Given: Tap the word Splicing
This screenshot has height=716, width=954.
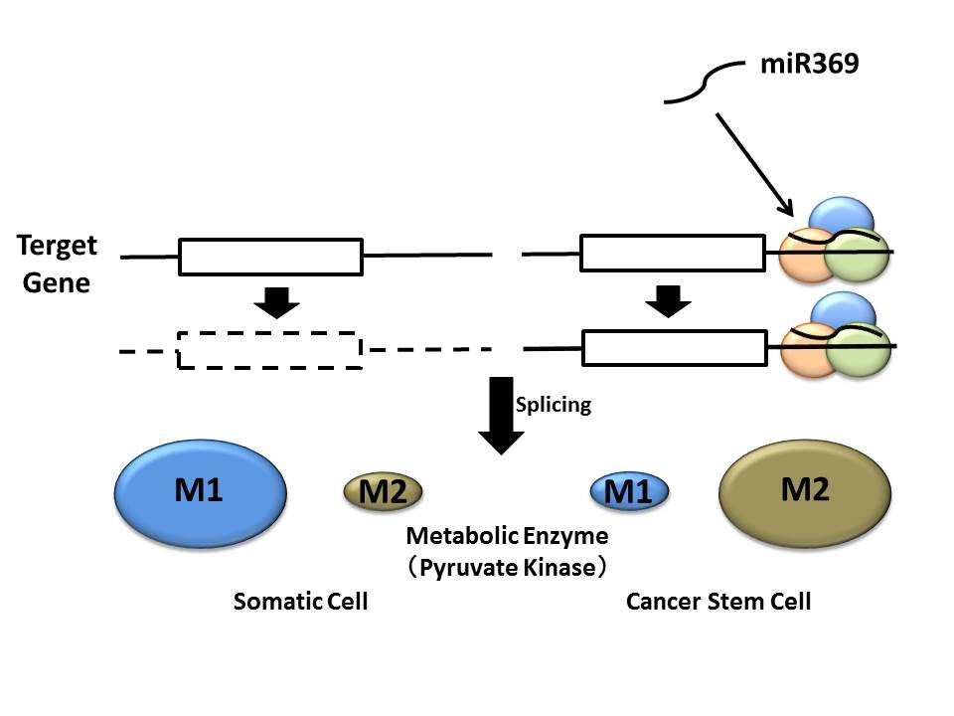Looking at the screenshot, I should pos(554,405).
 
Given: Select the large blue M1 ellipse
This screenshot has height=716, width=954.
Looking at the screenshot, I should pos(202,491).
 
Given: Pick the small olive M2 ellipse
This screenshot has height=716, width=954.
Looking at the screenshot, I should pos(383,491).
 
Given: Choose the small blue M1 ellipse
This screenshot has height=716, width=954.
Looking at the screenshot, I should pos(629,491).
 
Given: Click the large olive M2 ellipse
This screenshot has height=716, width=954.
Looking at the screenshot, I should pos(805,491).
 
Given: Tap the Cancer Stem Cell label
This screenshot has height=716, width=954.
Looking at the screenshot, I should pos(718,602).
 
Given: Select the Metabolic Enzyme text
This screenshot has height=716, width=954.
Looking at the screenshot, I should pos(507,536).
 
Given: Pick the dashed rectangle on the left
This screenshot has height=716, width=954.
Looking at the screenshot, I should pos(269,350).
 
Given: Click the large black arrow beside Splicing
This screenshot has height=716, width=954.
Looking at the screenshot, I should pos(502,416).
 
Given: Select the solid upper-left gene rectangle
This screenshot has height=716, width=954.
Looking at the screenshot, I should pos(270,256).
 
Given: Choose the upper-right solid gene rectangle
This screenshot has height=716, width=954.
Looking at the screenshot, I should pos(673,253).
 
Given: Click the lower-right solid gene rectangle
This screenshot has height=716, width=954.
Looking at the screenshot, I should pos(674,348).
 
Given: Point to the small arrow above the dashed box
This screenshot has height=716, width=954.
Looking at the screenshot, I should pos(277,301).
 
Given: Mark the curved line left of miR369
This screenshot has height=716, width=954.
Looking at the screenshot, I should pos(704,85).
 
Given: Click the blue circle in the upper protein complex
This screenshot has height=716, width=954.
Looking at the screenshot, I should pos(842,216).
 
